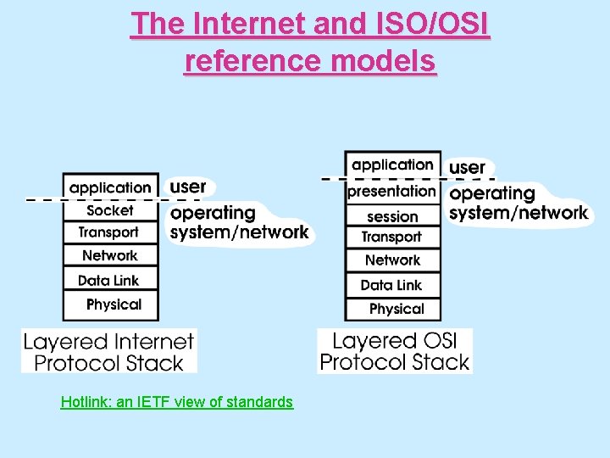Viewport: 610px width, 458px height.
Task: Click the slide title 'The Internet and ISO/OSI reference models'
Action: click(x=310, y=42)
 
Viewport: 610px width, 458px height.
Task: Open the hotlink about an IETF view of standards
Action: click(x=176, y=402)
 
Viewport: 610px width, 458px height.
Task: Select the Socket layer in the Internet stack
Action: click(x=110, y=210)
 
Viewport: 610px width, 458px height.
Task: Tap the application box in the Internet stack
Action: click(x=110, y=187)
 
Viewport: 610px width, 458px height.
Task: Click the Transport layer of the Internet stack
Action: click(x=110, y=232)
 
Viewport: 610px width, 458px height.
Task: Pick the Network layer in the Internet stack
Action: click(x=110, y=255)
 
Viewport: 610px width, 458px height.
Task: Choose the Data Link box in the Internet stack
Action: click(x=110, y=280)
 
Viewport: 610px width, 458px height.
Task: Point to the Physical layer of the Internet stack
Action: click(x=111, y=304)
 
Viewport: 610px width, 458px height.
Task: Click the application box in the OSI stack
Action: click(x=392, y=165)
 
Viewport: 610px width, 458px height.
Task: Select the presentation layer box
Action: click(x=392, y=192)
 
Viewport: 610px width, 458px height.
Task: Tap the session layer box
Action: click(x=392, y=216)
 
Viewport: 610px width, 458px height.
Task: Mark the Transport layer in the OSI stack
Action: click(x=392, y=237)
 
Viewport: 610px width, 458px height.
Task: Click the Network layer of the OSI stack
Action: click(x=392, y=260)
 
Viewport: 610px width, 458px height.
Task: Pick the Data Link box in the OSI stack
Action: click(x=392, y=285)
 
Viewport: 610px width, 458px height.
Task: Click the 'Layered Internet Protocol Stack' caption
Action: click(x=108, y=352)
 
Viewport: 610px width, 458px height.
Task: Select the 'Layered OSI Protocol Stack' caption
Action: click(x=394, y=352)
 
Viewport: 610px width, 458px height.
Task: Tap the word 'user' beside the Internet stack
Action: click(x=188, y=186)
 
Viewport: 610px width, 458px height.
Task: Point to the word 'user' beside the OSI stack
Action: click(x=467, y=167)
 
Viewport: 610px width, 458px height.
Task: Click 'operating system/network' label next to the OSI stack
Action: click(x=517, y=204)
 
